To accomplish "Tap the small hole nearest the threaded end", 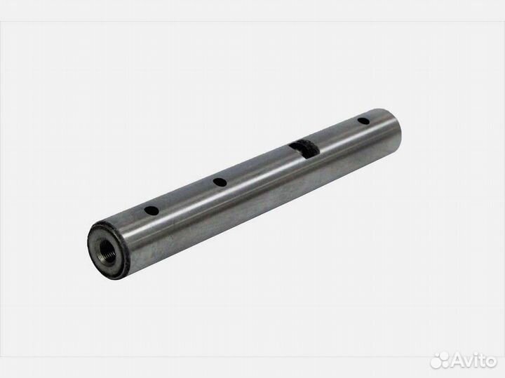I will [150, 209].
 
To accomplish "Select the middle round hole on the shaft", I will [220, 182].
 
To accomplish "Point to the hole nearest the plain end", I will [363, 121].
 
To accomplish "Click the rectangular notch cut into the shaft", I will [302, 147].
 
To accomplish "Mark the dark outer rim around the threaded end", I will [95, 238].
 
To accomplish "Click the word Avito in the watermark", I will [472, 360].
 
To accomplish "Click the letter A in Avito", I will [457, 360].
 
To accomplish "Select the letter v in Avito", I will [468, 361].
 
